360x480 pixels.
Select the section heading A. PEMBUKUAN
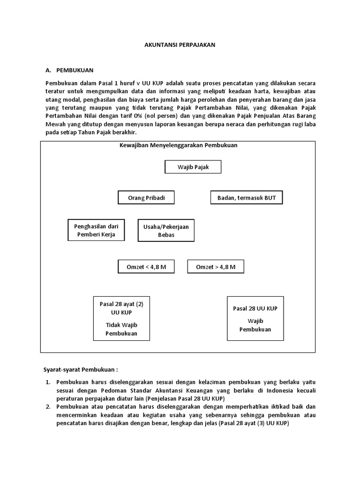click(x=69, y=70)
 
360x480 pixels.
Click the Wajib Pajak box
click(x=193, y=167)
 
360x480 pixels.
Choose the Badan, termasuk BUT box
click(x=247, y=198)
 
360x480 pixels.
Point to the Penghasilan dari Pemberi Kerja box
click(x=96, y=230)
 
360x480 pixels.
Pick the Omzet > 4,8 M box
click(x=216, y=267)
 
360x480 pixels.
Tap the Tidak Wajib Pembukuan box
click(x=121, y=318)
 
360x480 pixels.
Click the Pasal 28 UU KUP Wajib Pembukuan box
click(x=255, y=318)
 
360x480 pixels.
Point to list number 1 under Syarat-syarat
click(x=48, y=382)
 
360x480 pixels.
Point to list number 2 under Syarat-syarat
click(x=48, y=406)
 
